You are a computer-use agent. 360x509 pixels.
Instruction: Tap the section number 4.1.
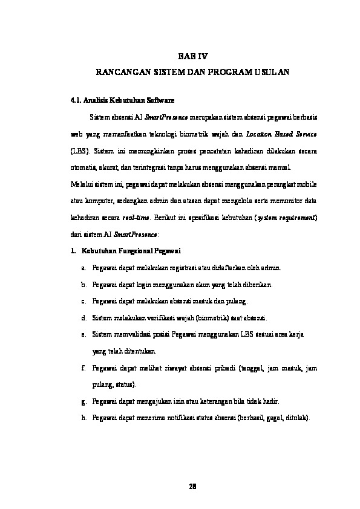click(77, 100)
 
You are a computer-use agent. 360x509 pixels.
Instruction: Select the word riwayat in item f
click(185, 368)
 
